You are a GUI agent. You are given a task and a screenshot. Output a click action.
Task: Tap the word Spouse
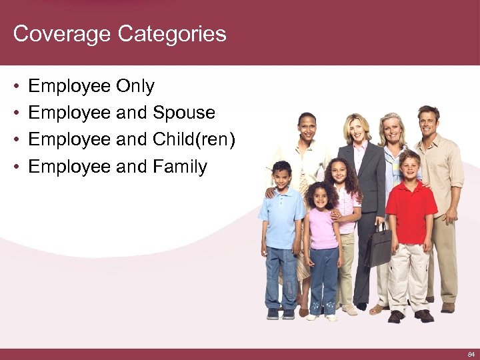(184, 113)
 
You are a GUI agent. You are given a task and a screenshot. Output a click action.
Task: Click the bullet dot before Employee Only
(16, 87)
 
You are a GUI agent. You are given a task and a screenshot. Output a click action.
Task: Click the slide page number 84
(471, 354)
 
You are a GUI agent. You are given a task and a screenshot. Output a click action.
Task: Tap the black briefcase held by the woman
(379, 245)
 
